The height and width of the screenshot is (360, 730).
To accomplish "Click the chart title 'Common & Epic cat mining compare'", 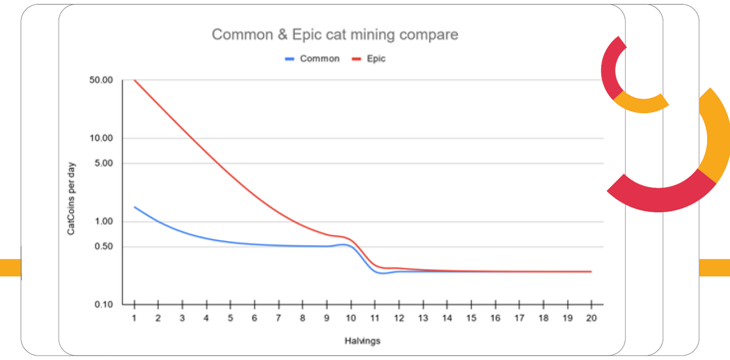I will point(335,35).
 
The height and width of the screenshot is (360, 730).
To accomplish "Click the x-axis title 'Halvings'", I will point(362,341).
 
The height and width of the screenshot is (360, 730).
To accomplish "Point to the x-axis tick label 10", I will point(351,318).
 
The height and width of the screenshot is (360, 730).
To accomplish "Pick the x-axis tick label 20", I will point(591,318).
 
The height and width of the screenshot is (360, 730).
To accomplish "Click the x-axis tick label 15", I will point(471,318).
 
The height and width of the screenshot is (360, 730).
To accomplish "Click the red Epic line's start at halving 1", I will point(135,80).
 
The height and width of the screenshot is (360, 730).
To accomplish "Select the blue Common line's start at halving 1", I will point(135,207).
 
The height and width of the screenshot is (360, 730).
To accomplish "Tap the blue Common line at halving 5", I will point(230,242).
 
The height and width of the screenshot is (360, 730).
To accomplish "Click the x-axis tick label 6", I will point(254,318).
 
